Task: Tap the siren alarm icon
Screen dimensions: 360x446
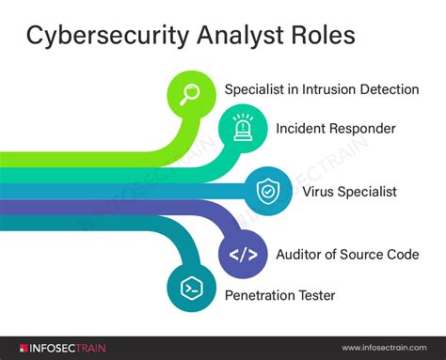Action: point(242,127)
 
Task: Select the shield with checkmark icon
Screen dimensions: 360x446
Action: point(267,191)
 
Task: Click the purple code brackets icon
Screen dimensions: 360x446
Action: point(243,254)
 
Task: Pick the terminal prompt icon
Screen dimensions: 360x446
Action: point(189,290)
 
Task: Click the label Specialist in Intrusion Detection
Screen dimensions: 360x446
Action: point(321,89)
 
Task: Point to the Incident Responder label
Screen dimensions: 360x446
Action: point(334,127)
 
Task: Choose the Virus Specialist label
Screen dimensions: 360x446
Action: point(349,191)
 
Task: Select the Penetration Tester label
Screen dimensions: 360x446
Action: point(279,295)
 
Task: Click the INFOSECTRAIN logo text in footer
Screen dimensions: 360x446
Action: point(61,349)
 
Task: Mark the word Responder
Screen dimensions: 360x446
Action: point(361,127)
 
